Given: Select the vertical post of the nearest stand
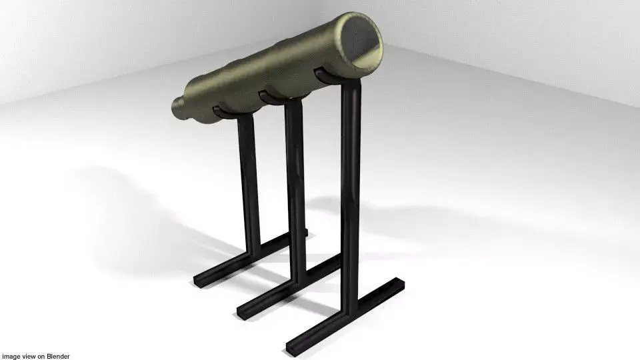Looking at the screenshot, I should (349, 200).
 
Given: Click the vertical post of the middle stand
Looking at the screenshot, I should (294, 180).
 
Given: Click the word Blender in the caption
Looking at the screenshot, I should (57, 357).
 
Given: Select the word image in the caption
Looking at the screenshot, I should (11, 357).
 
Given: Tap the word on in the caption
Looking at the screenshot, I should (41, 357).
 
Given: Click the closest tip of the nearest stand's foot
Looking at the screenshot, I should (292, 347).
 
